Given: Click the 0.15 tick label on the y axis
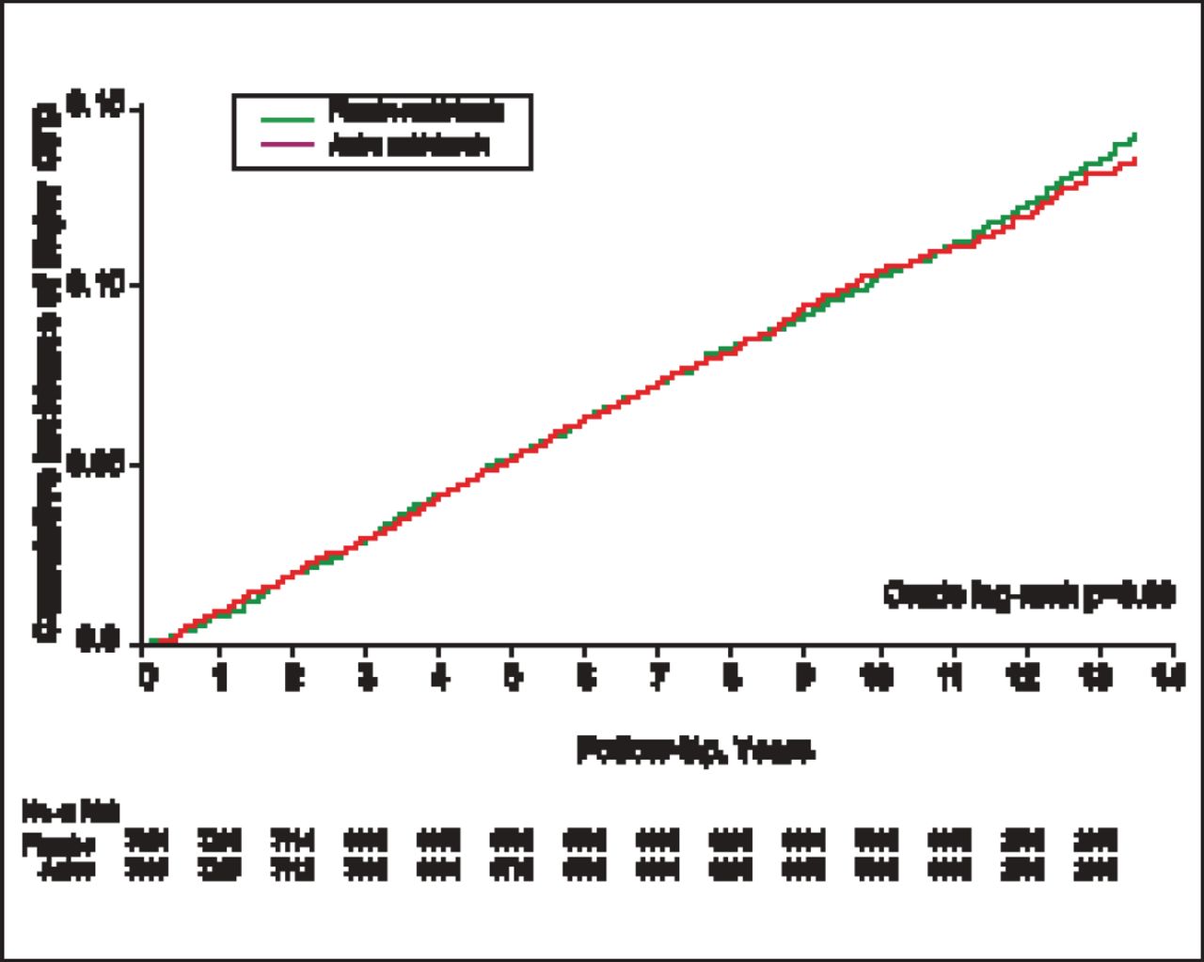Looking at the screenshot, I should [96, 109].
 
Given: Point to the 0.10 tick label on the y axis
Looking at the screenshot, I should [96, 286].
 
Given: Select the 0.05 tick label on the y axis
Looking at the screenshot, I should [96, 465].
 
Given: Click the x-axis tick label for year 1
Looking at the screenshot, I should [220, 678].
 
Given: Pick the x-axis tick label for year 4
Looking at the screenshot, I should [438, 678].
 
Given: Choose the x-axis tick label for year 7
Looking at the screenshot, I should [657, 678].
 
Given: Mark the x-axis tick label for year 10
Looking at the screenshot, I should [878, 678].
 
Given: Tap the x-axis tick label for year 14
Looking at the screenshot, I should [1171, 678].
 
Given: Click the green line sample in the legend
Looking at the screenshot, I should [288, 118].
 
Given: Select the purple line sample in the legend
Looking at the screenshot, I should [288, 144].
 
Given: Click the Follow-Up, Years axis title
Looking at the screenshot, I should [695, 751].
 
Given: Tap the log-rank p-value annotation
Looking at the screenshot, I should [1029, 595].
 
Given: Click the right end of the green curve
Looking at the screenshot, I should [1135, 135].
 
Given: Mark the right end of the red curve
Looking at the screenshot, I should [1135, 160].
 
